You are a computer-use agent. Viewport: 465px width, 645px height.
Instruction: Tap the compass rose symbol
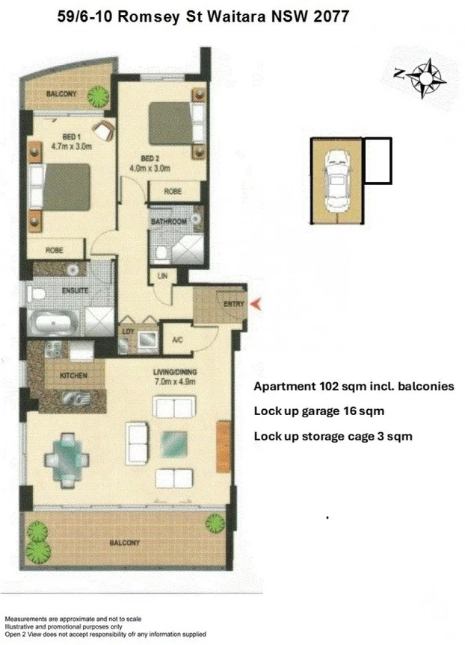pos(427,77)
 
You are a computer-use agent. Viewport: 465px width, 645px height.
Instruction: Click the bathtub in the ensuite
pos(53,323)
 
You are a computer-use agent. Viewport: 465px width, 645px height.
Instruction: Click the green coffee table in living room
pos(174,443)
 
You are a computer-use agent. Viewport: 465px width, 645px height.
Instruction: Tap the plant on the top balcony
pos(97,95)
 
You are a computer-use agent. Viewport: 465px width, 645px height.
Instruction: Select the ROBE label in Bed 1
pos(55,250)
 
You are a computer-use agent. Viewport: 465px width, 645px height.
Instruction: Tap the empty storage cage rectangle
pos(377,161)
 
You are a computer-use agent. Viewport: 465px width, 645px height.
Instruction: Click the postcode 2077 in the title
pos(331,16)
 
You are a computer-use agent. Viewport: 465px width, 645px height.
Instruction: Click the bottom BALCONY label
pos(123,543)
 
